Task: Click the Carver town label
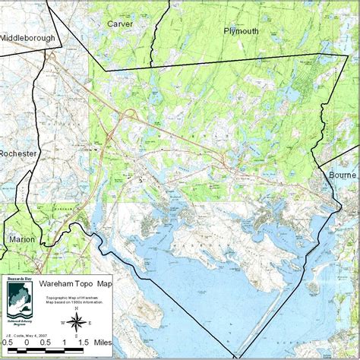[x=120, y=24]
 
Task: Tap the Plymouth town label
[x=241, y=31]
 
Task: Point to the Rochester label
[x=18, y=154]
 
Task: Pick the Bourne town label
[x=343, y=174]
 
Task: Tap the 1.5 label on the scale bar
[x=83, y=342]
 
